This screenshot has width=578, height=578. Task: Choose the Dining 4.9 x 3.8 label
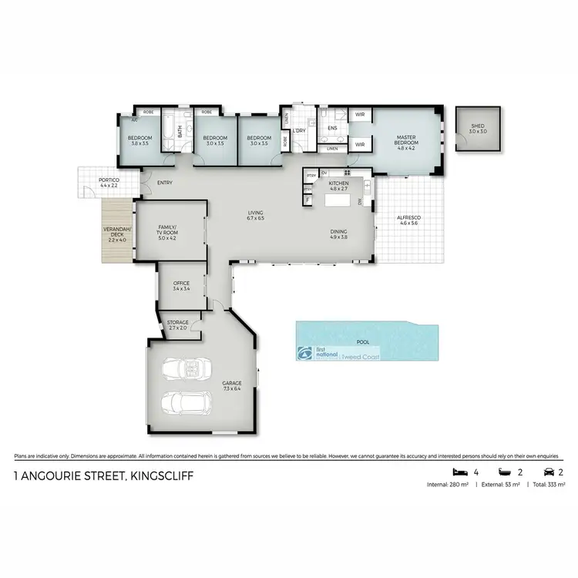click(x=338, y=234)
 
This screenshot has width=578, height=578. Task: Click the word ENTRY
click(x=164, y=183)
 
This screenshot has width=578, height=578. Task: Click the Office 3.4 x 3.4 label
click(x=181, y=286)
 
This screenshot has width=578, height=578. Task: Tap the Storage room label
click(x=177, y=325)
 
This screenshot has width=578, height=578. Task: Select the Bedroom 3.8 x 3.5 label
click(x=140, y=140)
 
